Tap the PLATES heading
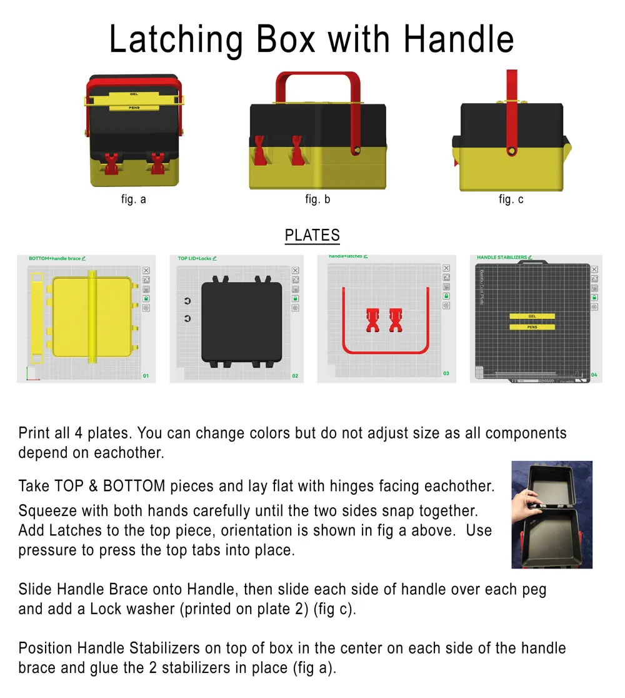click(x=312, y=235)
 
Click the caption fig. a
click(x=134, y=200)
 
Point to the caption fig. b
click(x=317, y=200)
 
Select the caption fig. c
click(x=511, y=200)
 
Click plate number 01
click(x=146, y=376)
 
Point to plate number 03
click(x=446, y=373)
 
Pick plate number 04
click(x=594, y=375)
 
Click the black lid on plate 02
click(x=241, y=321)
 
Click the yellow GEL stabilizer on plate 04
click(x=532, y=316)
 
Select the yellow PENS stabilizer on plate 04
click(x=532, y=327)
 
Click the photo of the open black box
click(x=551, y=514)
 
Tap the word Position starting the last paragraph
click(x=44, y=649)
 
